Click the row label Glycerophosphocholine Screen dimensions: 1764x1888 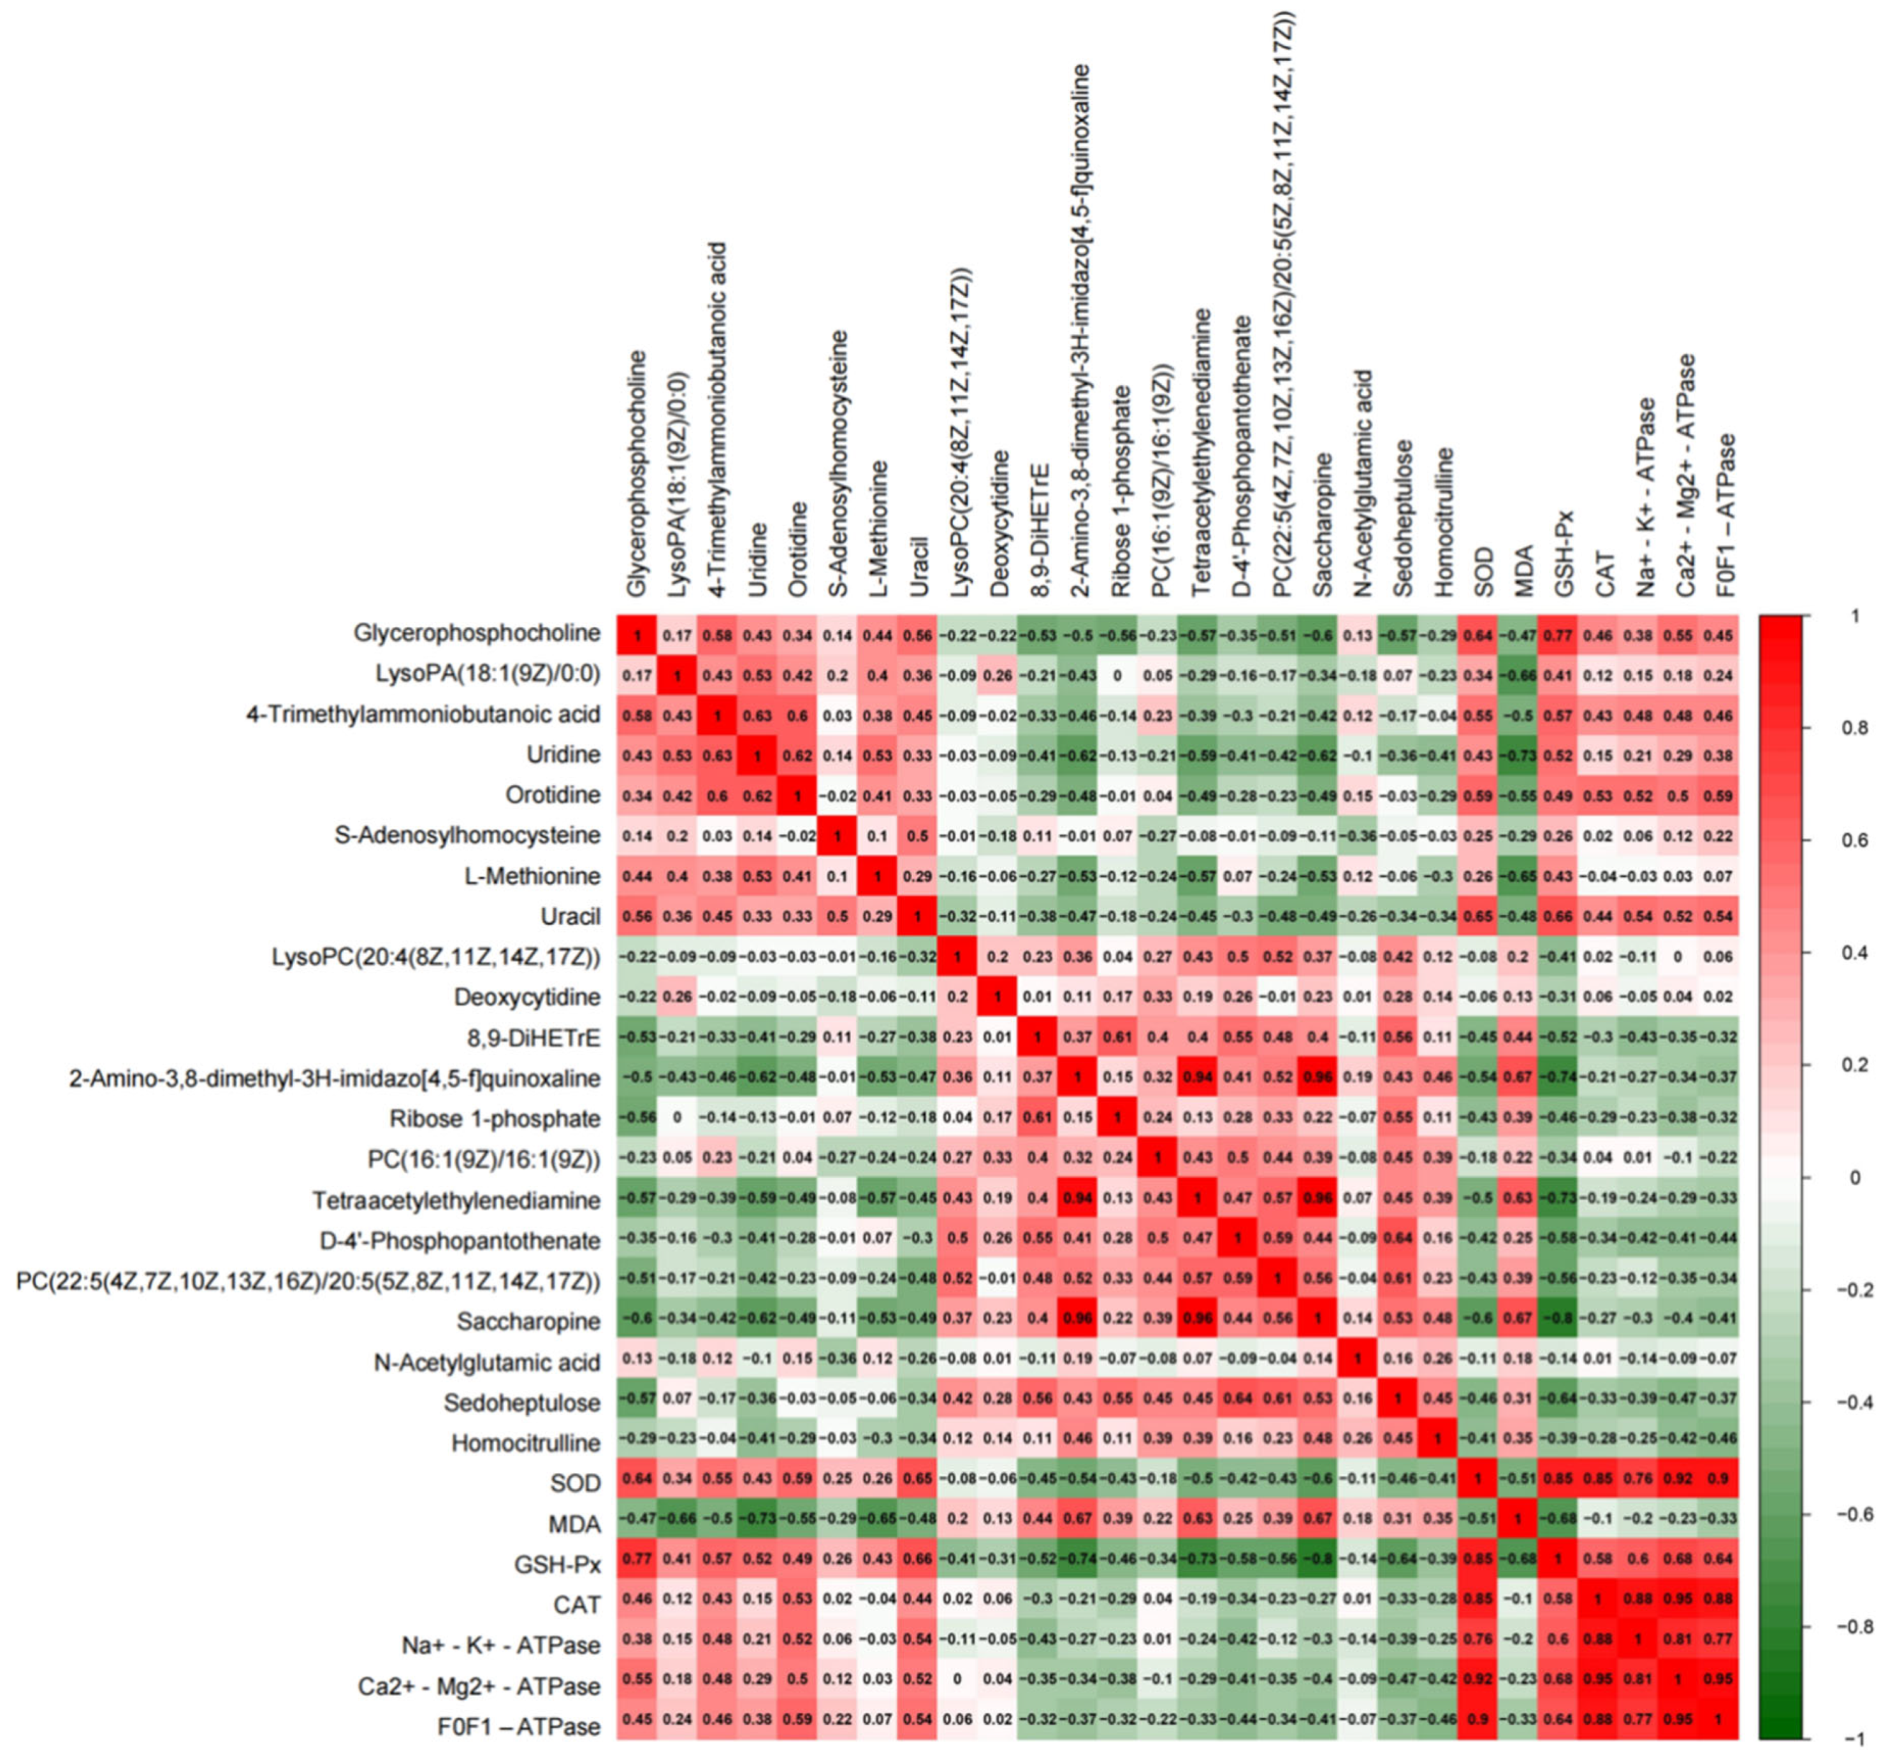click(x=477, y=633)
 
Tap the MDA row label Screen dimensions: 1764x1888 click(x=574, y=1524)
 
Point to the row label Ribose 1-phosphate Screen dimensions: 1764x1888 click(x=495, y=1119)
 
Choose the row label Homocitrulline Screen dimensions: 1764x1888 click(x=525, y=1443)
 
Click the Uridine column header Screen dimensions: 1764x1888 click(x=757, y=559)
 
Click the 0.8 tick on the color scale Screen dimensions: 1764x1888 click(x=1859, y=728)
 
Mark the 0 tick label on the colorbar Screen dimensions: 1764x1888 click(x=1855, y=1178)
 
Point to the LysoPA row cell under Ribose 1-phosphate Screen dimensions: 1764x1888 click(x=1119, y=676)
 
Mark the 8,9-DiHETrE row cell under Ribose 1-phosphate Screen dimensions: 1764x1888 click(x=1119, y=1038)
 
